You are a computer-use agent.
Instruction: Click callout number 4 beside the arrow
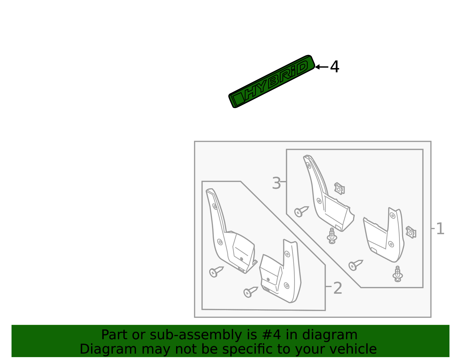335,67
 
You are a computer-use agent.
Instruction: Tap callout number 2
337,288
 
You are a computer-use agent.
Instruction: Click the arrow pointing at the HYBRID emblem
322,67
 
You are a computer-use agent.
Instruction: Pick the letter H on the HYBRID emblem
253,91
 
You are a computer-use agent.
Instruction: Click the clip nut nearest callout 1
411,232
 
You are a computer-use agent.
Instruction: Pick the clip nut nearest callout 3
339,188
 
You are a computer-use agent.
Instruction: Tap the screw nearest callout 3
301,211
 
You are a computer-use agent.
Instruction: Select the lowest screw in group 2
251,292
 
